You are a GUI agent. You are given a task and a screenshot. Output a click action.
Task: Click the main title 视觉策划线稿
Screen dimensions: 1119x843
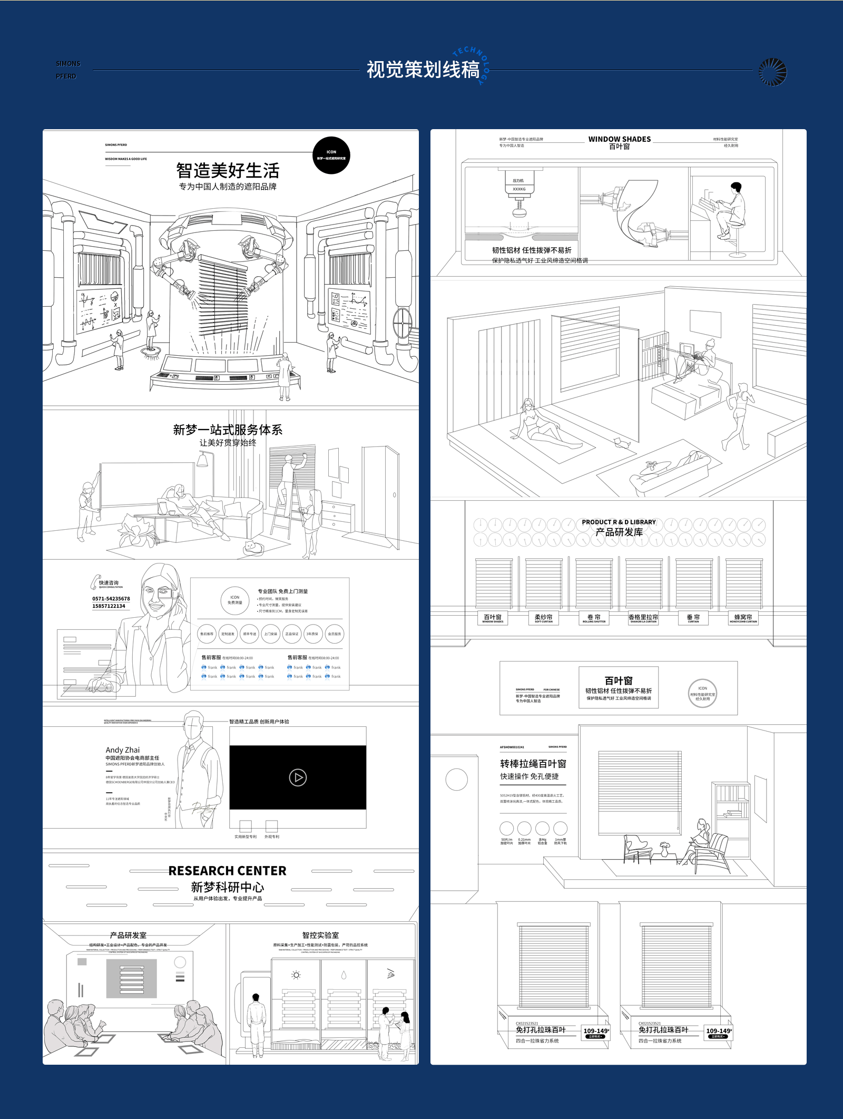point(423,70)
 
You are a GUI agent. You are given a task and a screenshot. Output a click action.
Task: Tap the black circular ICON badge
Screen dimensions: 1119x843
point(331,155)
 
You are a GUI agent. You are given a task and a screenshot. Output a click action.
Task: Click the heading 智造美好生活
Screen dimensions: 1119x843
point(228,171)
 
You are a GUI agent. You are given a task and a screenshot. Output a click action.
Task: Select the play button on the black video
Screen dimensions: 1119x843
point(298,777)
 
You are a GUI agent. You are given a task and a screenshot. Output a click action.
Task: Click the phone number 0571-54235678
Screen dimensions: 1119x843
point(111,599)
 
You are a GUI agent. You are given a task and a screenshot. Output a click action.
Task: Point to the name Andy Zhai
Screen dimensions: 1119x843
point(122,750)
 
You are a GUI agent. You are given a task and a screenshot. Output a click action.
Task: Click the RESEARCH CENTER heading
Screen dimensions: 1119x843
point(227,871)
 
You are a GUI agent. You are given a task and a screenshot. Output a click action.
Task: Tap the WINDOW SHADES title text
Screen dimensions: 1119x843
point(619,139)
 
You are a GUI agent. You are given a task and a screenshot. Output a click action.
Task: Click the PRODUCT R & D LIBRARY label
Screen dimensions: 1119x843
point(619,522)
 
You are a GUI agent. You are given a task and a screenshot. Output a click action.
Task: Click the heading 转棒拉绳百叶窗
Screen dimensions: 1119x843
point(533,764)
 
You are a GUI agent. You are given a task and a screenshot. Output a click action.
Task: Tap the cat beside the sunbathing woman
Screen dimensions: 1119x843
point(622,443)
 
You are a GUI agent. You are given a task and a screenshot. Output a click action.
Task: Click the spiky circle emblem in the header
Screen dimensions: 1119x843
point(772,72)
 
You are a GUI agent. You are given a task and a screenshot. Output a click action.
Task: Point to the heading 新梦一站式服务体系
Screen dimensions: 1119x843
point(228,430)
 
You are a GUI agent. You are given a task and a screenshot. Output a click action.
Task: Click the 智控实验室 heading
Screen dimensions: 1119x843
point(320,935)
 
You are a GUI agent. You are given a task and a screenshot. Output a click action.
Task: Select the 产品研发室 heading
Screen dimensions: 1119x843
point(128,935)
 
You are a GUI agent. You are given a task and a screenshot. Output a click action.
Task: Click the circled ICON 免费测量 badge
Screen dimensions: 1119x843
point(234,600)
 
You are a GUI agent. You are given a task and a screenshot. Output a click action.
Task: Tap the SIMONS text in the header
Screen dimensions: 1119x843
point(68,64)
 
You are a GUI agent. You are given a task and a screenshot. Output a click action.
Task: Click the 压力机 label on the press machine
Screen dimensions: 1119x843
point(518,181)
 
